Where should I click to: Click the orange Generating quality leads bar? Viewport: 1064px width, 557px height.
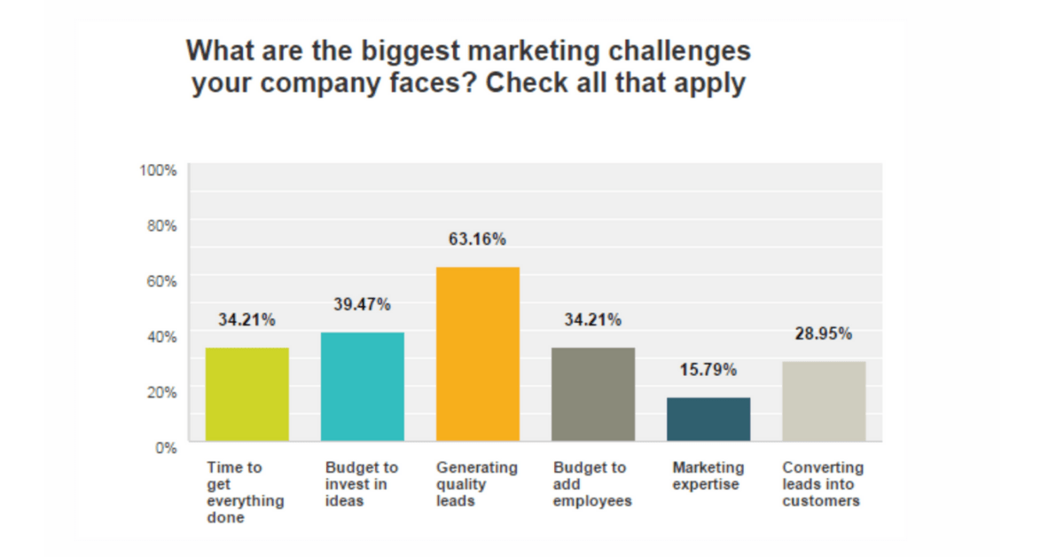coord(477,354)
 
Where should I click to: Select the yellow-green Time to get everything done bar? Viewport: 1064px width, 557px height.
coord(246,394)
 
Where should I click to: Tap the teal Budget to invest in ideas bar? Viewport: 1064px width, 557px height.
coord(362,387)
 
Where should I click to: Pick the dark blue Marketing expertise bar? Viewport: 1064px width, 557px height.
coord(708,419)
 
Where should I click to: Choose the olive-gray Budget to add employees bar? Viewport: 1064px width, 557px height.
coord(592,394)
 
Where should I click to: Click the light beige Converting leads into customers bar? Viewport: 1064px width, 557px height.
coord(823,401)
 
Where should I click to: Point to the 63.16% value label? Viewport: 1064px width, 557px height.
coord(477,239)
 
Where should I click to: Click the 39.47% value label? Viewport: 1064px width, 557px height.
coord(362,304)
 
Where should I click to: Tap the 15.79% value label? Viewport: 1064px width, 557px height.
coord(708,370)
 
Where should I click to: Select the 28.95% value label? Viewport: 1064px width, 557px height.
coord(823,333)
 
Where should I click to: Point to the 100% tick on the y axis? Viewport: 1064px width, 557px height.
coord(159,170)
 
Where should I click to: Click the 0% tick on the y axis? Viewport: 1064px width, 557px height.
coord(166,447)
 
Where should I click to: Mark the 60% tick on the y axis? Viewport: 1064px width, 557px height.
coord(162,280)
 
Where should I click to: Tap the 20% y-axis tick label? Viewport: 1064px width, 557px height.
coord(162,391)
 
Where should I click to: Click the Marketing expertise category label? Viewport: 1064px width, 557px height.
coord(708,475)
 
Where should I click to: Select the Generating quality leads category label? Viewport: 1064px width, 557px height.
coord(477,484)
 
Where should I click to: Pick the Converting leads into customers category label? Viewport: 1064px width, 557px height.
coord(822,484)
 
